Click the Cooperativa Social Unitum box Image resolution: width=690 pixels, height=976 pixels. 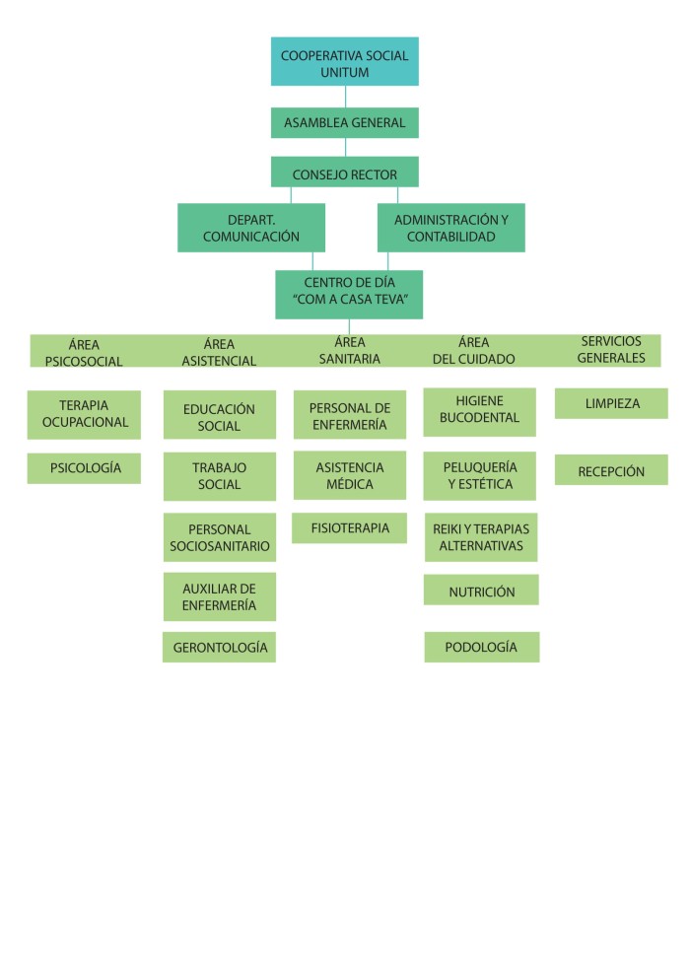tap(344, 61)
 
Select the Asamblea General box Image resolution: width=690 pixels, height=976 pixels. tap(344, 123)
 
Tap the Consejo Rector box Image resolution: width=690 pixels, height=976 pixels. tap(344, 174)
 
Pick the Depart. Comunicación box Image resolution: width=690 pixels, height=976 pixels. tap(250, 228)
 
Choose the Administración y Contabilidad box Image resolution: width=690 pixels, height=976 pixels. tap(450, 228)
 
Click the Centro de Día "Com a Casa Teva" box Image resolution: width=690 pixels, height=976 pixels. tap(348, 294)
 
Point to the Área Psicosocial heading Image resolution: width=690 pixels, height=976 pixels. tap(84, 352)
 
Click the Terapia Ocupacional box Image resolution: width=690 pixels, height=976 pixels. tap(84, 414)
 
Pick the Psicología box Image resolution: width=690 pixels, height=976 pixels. tap(84, 468)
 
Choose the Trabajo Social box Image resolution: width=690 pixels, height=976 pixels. tap(219, 476)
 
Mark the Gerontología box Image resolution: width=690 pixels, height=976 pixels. tap(219, 647)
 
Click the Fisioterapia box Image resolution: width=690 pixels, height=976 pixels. tap(349, 527)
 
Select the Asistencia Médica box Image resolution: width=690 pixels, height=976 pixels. tap(349, 475)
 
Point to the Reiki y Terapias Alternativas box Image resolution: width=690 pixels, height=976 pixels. tap(481, 537)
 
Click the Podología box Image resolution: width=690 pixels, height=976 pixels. tap(481, 647)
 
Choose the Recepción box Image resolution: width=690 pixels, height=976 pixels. tap(610, 470)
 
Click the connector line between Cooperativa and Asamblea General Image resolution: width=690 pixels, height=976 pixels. tap(345, 97)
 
